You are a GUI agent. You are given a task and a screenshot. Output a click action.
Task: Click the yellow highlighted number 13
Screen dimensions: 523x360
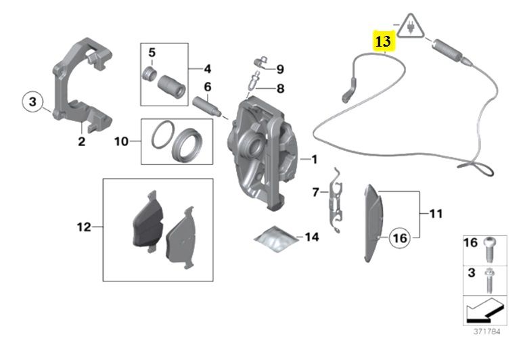click(384, 41)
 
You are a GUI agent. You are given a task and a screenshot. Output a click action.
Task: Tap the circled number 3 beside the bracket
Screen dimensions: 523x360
click(32, 101)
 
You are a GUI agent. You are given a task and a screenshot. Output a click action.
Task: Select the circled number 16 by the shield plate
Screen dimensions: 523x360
click(400, 238)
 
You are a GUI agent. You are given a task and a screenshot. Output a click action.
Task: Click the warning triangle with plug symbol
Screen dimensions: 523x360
click(411, 26)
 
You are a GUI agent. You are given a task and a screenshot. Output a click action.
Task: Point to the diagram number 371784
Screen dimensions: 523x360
click(487, 332)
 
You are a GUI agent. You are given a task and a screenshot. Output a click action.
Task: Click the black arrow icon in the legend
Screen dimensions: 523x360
click(484, 311)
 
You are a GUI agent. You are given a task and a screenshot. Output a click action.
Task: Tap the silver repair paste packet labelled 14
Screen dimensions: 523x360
click(275, 239)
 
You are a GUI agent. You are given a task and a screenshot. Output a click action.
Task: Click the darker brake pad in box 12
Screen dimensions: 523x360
click(148, 220)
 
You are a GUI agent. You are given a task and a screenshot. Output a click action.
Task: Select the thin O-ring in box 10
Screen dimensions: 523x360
click(163, 135)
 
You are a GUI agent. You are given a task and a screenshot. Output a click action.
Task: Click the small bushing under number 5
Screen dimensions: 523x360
click(149, 74)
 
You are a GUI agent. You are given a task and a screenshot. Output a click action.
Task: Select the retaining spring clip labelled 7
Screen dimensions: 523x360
click(336, 201)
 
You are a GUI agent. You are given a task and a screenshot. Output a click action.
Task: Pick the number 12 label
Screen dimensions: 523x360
click(84, 227)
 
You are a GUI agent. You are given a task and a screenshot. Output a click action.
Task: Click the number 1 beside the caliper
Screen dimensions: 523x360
click(314, 160)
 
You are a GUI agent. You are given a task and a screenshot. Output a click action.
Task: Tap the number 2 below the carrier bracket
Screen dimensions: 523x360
click(81, 141)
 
